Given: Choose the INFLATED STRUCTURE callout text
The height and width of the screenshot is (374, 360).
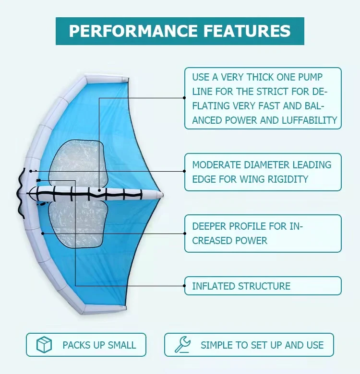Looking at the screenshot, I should (x=241, y=286).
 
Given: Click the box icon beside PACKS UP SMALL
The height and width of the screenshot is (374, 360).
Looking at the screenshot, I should (x=44, y=345).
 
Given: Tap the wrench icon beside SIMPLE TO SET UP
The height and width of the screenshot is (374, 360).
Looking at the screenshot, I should (x=182, y=345).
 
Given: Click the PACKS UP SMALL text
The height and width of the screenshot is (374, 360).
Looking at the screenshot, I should (x=99, y=345).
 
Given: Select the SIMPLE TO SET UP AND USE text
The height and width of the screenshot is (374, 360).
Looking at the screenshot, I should (x=262, y=345).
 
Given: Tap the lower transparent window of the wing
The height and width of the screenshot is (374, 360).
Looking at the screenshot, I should (x=77, y=223).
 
